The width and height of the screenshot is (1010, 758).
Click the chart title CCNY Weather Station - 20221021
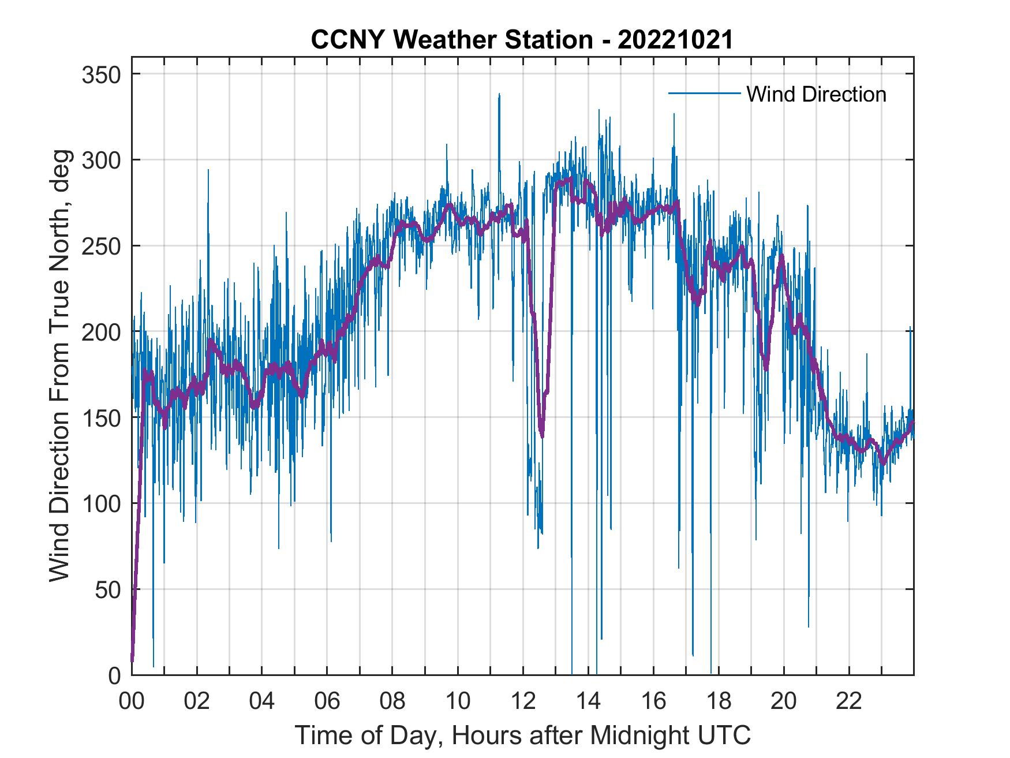[521, 40]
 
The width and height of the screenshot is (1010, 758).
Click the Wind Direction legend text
[816, 94]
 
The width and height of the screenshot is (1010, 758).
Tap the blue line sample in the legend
[704, 94]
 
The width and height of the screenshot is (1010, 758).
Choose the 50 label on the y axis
[110, 589]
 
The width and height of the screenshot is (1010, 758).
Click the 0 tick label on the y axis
[115, 675]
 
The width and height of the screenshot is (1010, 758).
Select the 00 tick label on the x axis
[132, 702]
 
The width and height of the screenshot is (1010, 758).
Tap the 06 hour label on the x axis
[327, 702]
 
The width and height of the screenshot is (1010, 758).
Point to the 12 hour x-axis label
[523, 702]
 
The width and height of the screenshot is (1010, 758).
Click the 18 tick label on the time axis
[719, 702]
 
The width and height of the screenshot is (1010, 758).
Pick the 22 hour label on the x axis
[849, 702]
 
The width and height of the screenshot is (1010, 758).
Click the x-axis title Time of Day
[523, 735]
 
